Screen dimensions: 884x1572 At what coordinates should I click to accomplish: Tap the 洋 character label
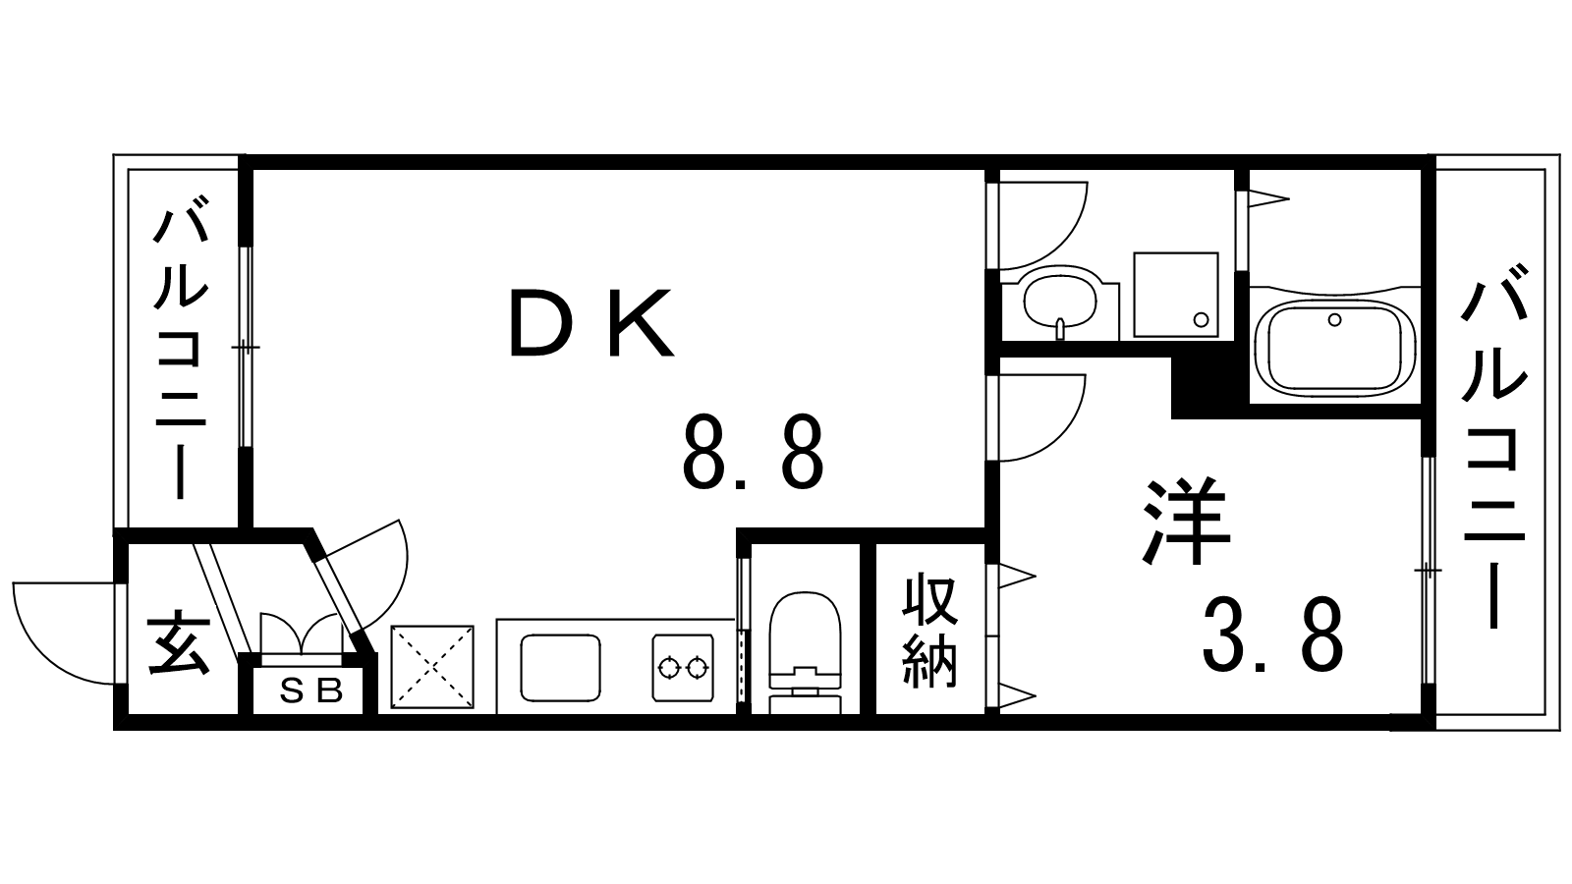point(1187,521)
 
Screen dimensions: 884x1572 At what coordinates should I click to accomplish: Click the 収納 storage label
point(930,631)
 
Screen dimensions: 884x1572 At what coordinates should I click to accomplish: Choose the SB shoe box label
point(310,691)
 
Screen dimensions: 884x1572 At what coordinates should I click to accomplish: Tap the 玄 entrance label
point(179,644)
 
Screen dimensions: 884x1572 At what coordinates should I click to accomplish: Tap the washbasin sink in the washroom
point(1059,301)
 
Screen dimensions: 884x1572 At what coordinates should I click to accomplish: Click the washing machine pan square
point(1177,296)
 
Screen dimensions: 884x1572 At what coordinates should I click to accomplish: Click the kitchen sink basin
point(560,668)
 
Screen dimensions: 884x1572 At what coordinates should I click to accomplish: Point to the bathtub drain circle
point(1334,319)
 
